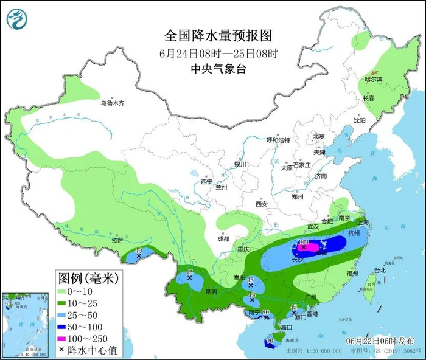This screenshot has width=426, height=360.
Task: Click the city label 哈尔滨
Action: click(x=373, y=79)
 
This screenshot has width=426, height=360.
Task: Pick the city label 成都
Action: click(x=222, y=238)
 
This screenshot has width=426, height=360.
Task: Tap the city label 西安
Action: click(x=262, y=204)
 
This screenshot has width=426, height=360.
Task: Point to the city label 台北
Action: click(x=379, y=270)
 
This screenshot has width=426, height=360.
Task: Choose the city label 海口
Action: click(x=277, y=327)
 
